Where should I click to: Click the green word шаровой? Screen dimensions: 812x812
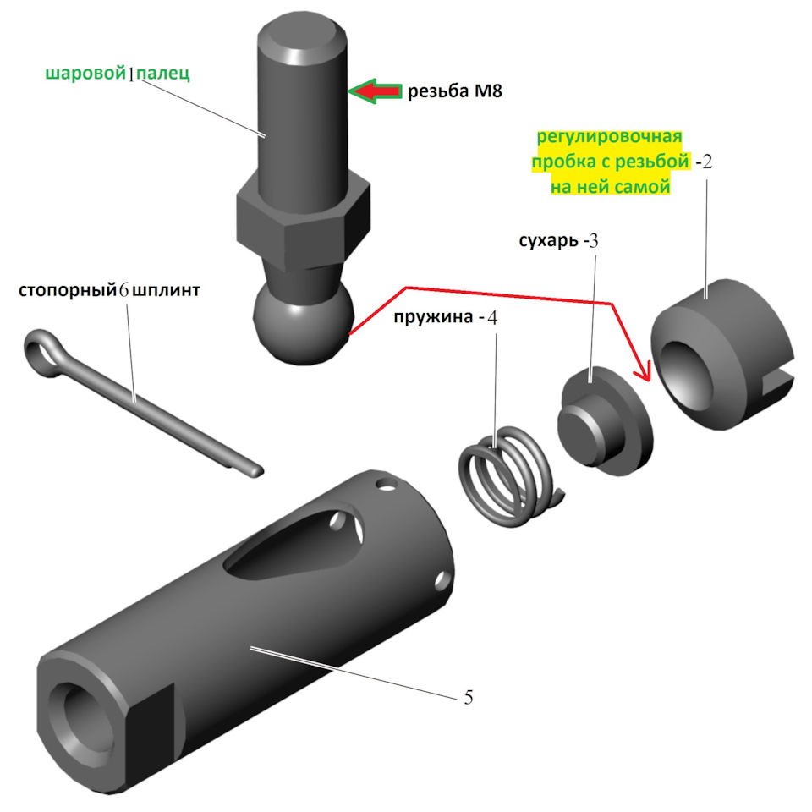[x=86, y=74]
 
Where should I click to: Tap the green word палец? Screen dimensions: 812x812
[x=163, y=74]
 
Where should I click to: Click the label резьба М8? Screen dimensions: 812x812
[x=455, y=91]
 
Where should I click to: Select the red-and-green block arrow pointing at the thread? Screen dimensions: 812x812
[x=376, y=91]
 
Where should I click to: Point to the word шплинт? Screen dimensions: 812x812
[x=167, y=290]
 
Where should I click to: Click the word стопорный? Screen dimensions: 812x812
[x=68, y=290]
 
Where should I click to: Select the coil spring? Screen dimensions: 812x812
[x=510, y=476]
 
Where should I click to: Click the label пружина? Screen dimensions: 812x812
[x=433, y=317]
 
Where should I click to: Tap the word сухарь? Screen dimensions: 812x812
[x=548, y=241]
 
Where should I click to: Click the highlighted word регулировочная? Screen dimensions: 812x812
[x=610, y=137]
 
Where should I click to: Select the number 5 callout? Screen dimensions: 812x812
[x=468, y=698]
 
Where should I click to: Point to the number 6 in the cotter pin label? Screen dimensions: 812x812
[x=123, y=290]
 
